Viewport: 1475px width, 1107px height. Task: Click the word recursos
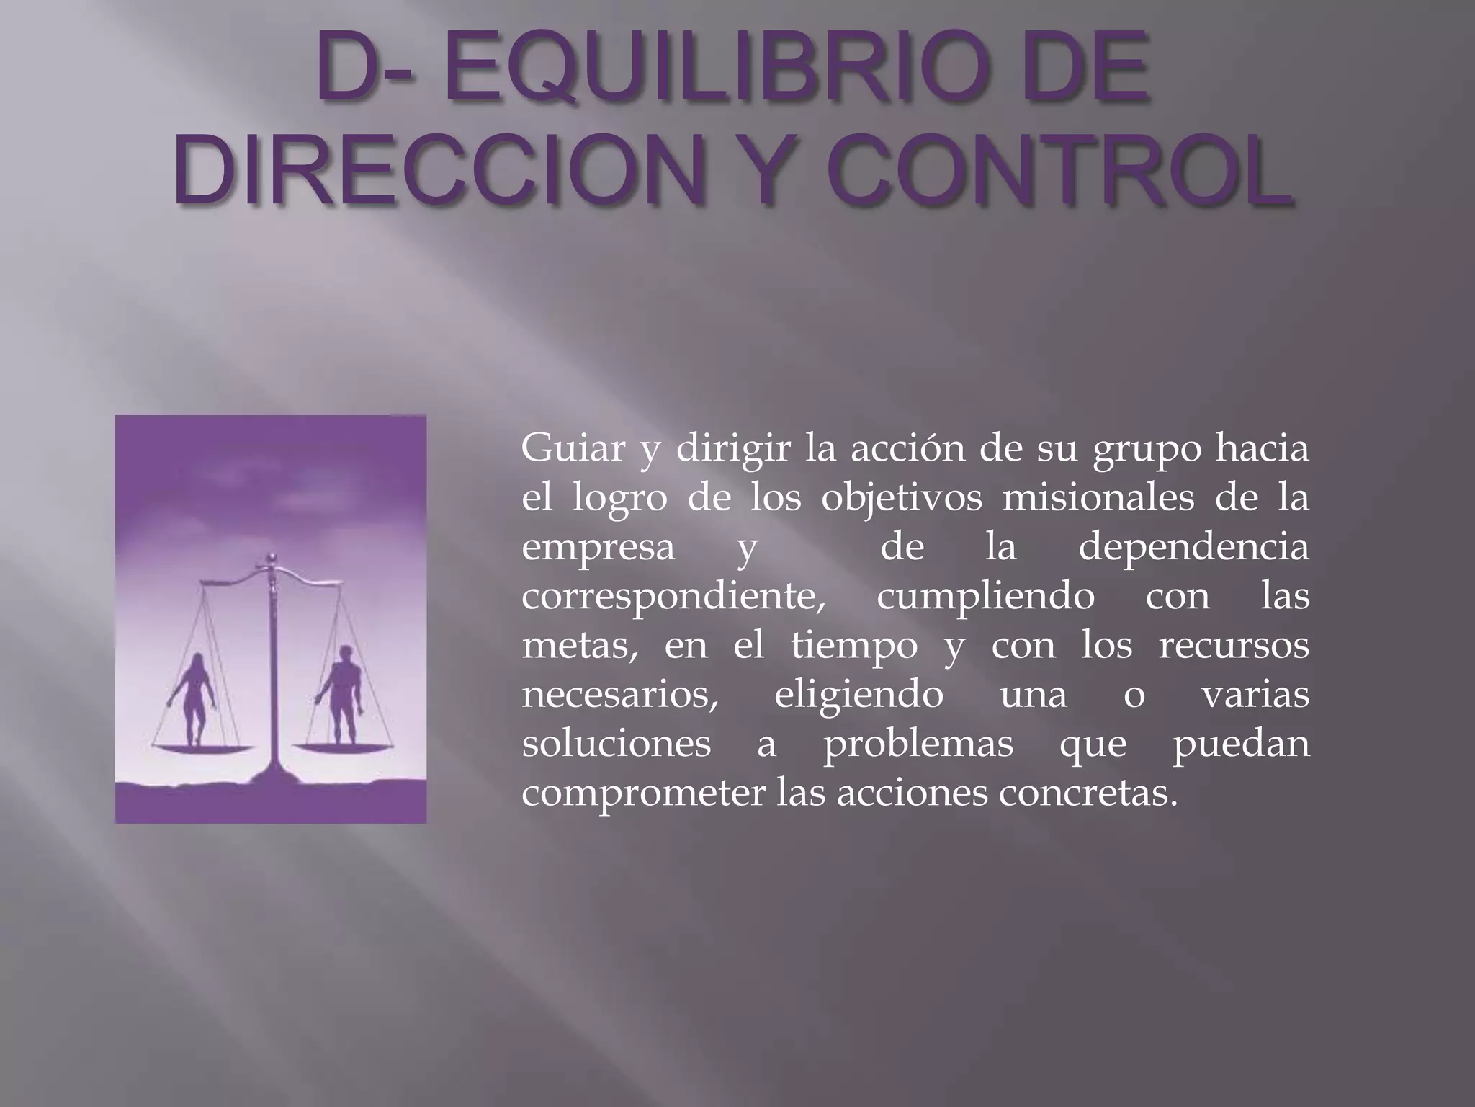pyautogui.click(x=1233, y=646)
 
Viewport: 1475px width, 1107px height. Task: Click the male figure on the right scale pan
pyautogui.click(x=344, y=695)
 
